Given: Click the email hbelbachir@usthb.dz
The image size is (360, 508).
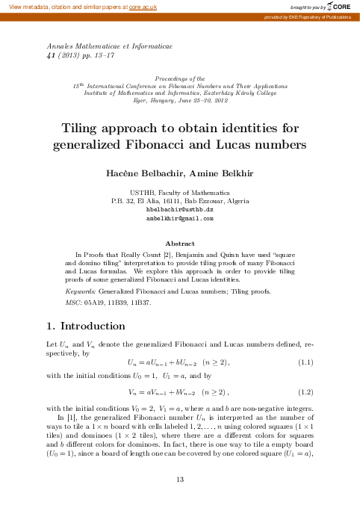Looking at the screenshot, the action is coord(179,210).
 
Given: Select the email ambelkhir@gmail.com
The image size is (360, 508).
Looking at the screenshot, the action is coord(179,219).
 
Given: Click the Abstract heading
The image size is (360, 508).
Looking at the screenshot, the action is coord(179,244).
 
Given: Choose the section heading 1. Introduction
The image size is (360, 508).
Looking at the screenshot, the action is coord(86,326).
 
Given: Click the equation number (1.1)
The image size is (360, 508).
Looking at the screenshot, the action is coord(305,362).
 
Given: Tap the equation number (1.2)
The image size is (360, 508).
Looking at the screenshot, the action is coord(305,391).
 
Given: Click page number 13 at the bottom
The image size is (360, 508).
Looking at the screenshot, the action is coord(179,479).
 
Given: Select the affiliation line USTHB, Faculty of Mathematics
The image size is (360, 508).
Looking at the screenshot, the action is coord(179,192).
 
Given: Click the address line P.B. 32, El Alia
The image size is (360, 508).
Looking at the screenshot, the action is coord(179,201).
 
